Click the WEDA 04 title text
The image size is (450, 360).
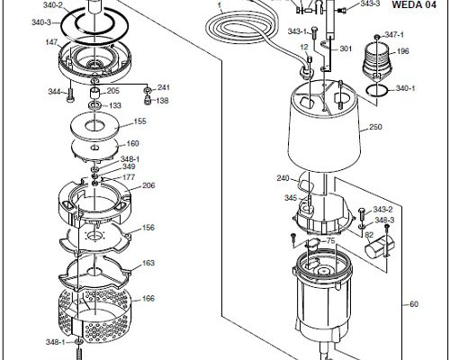click(414, 4)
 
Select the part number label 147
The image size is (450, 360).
click(51, 42)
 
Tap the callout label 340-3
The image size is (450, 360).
click(41, 22)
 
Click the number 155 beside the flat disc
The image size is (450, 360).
click(139, 121)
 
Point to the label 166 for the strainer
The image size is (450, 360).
click(148, 299)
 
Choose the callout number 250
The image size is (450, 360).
click(375, 127)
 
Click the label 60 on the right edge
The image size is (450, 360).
click(414, 304)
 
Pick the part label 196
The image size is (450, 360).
click(402, 51)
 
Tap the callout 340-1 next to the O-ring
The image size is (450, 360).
click(406, 88)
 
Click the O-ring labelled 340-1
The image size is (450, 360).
click(377, 90)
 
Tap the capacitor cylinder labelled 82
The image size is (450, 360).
click(375, 247)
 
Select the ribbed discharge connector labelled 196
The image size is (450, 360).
click(377, 61)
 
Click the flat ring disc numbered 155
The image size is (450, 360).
click(94, 125)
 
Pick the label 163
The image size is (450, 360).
click(148, 263)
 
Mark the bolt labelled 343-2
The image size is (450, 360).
click(362, 214)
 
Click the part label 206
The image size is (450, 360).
click(148, 185)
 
